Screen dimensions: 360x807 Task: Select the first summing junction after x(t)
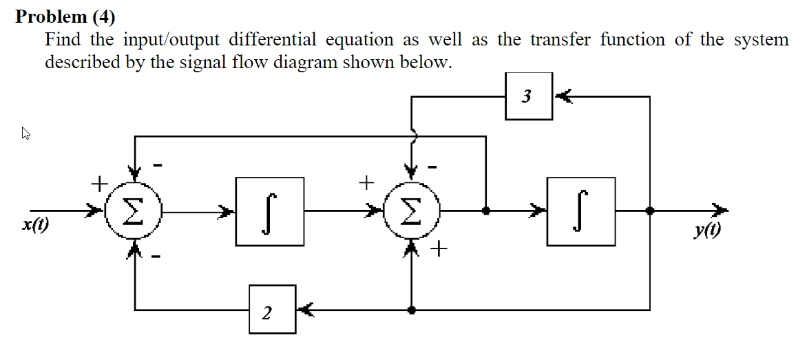click(135, 211)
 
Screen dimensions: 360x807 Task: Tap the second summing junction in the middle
click(411, 211)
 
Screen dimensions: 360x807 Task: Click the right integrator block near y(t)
click(581, 211)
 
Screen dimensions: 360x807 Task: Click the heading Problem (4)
click(65, 16)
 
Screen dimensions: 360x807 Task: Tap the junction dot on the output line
click(649, 211)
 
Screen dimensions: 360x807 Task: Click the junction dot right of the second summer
click(486, 211)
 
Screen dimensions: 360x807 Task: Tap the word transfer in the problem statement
click(562, 40)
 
